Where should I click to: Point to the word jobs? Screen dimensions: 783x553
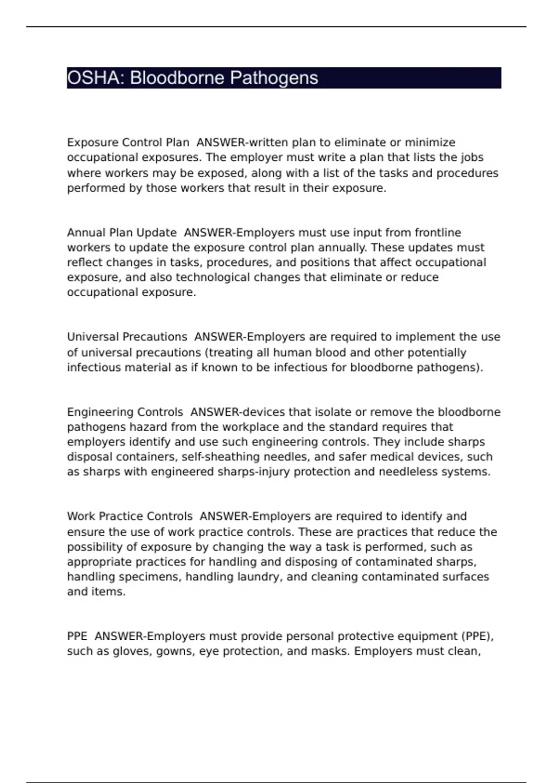[x=472, y=158]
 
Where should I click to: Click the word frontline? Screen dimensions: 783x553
[x=438, y=233]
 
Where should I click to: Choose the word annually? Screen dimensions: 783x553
[x=342, y=248]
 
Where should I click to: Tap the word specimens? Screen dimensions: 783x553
[x=149, y=577]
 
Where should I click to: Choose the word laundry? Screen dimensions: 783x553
[x=258, y=577]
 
